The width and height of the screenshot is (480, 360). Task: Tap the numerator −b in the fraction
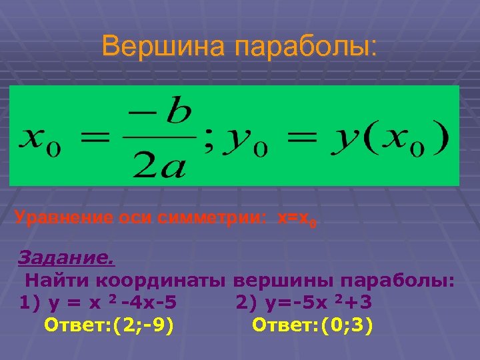pyautogui.click(x=170, y=118)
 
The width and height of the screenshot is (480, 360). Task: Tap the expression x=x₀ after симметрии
pyautogui.click(x=297, y=217)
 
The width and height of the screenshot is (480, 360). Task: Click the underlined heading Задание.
pyautogui.click(x=66, y=257)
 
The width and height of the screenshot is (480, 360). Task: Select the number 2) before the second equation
pyautogui.click(x=244, y=303)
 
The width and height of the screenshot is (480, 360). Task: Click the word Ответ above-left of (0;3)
pyautogui.click(x=281, y=326)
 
